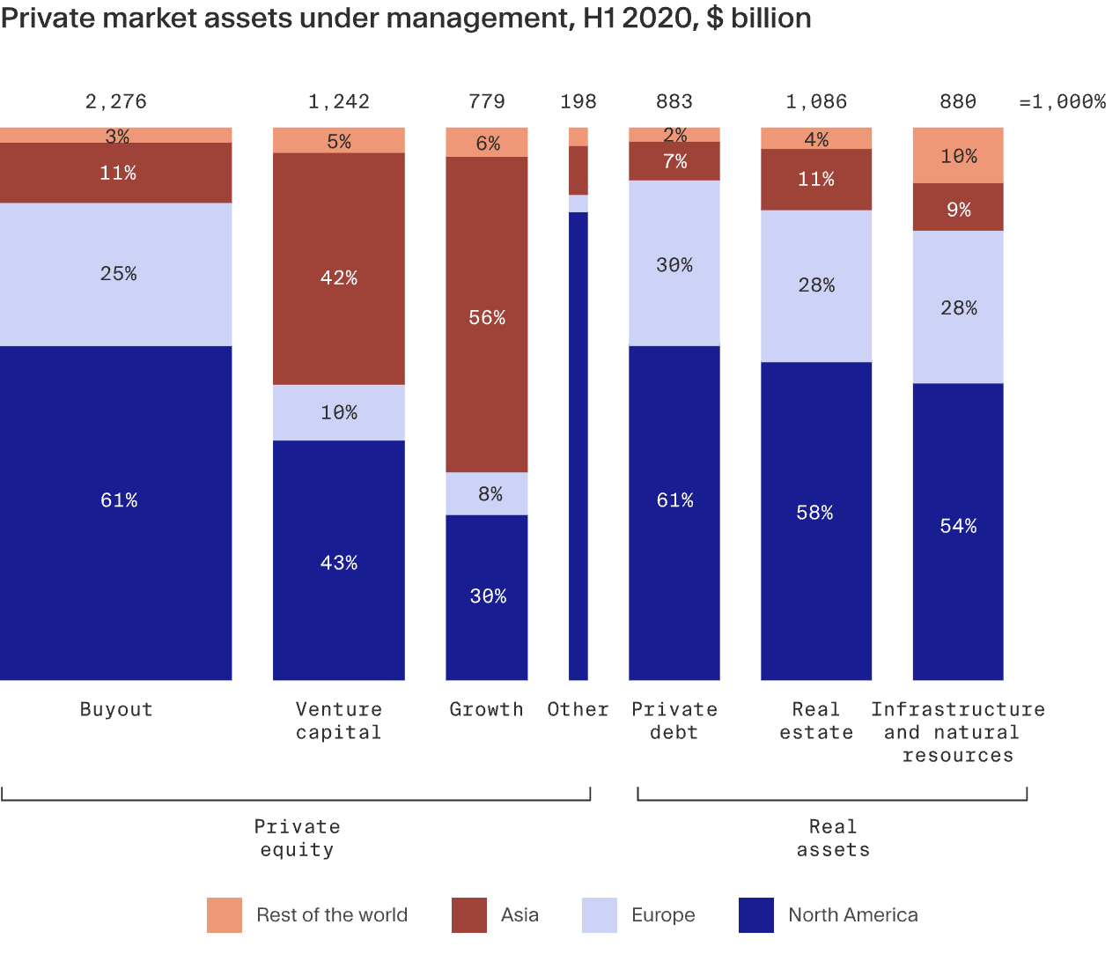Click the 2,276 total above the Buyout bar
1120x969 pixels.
(115, 101)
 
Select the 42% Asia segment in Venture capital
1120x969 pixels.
(338, 269)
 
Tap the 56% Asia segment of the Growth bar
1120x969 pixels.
(486, 314)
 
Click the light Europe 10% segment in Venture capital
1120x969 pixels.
(338, 412)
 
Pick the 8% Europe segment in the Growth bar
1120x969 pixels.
(486, 493)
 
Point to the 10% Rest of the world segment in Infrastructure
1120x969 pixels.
(958, 156)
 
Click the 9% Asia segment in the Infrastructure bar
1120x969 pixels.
(958, 208)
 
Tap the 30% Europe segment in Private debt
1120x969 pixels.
(674, 263)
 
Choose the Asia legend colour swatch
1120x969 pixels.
(468, 915)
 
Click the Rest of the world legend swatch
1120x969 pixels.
(225, 915)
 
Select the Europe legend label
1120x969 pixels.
(663, 915)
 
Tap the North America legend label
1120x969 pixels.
(852, 915)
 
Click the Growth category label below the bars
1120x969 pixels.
(486, 709)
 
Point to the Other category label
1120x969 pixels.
(578, 709)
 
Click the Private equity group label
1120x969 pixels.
(297, 838)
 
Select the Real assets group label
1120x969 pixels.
(833, 838)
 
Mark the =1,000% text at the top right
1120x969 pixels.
(1062, 101)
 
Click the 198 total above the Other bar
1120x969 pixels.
(578, 101)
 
